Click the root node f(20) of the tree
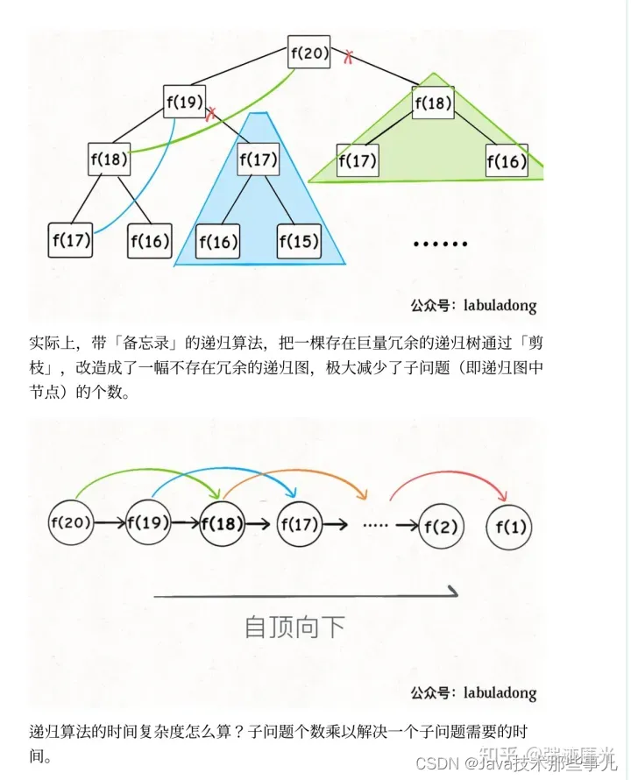(x=309, y=53)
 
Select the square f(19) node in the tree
(x=185, y=103)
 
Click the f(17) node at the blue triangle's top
(x=258, y=160)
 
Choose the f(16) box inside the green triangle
(x=507, y=161)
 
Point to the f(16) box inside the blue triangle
(x=217, y=241)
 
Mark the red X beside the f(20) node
(x=349, y=58)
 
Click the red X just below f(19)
(x=210, y=115)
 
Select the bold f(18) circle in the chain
(x=223, y=524)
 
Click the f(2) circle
(x=441, y=527)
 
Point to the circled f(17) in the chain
(x=299, y=525)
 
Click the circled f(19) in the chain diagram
(x=148, y=523)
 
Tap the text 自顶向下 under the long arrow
(x=294, y=627)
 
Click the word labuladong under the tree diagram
(x=496, y=306)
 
